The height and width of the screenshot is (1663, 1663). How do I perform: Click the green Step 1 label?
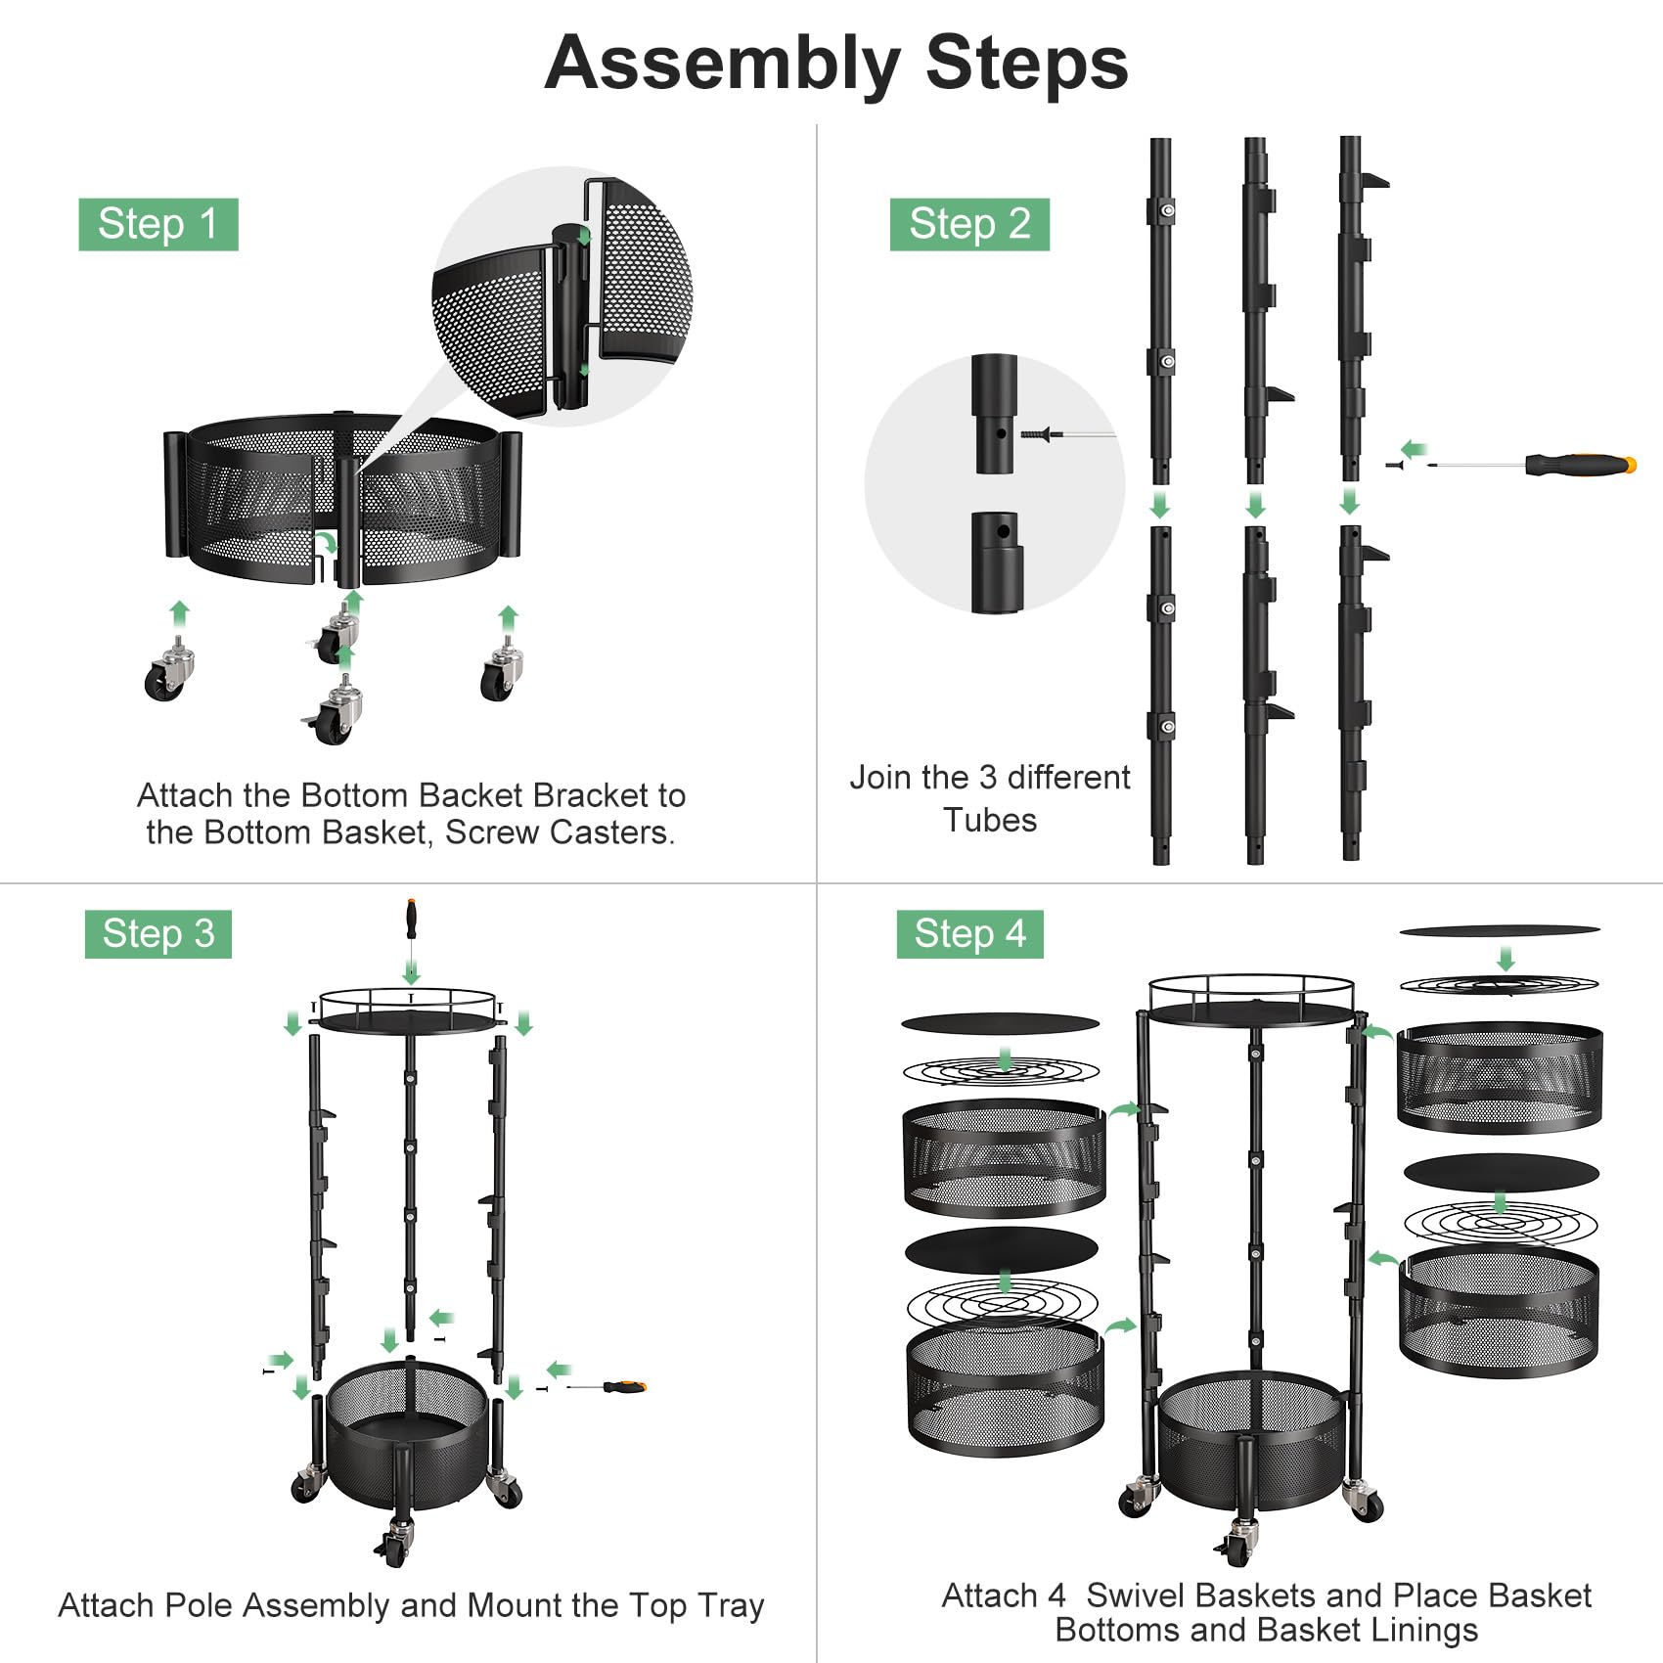click(x=157, y=224)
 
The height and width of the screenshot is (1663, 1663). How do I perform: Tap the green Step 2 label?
click(x=969, y=224)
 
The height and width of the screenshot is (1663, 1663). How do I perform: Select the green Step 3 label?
click(x=157, y=933)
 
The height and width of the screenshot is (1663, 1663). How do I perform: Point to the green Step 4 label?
click(x=969, y=933)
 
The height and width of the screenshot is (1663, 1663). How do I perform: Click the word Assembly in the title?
click(x=722, y=64)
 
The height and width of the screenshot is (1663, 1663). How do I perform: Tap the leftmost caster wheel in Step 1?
click(x=168, y=674)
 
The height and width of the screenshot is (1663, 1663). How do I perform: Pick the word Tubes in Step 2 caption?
click(x=989, y=820)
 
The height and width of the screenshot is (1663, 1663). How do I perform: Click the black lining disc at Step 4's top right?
click(x=1499, y=930)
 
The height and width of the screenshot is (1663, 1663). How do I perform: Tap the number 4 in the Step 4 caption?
click(x=1056, y=1596)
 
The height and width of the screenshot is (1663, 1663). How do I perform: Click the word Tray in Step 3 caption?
click(x=731, y=1605)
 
